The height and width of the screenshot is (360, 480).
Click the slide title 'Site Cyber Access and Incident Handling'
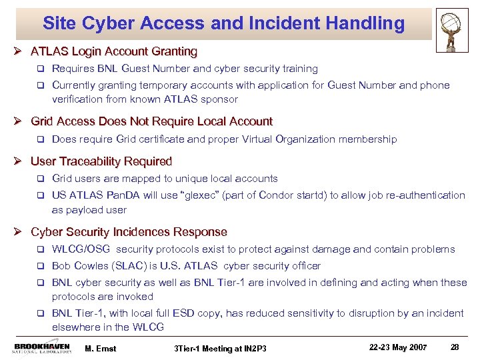click(x=223, y=24)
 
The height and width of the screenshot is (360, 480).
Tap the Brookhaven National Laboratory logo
click(x=41, y=349)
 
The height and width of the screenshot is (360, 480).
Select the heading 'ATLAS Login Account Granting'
click(x=114, y=51)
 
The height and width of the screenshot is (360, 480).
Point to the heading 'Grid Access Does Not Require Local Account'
click(x=152, y=121)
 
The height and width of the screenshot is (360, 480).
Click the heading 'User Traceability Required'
click(x=101, y=161)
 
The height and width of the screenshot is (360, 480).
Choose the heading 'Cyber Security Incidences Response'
click(x=129, y=232)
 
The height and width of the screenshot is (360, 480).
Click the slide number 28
click(x=455, y=347)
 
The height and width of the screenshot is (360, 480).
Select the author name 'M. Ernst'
click(x=101, y=347)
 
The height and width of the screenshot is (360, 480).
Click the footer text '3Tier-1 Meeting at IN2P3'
click(x=220, y=348)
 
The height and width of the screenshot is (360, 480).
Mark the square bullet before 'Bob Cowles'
click(x=41, y=266)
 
